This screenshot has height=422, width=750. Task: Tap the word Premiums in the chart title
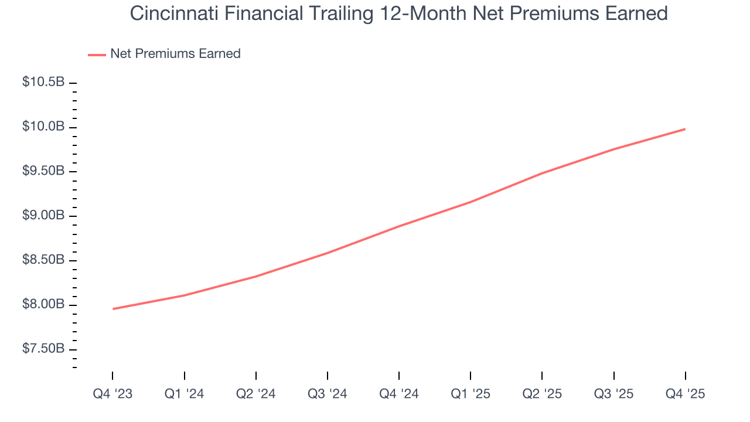[x=527, y=13]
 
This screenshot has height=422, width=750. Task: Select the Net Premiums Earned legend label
[x=175, y=54]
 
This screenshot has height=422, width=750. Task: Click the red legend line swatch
[x=97, y=55]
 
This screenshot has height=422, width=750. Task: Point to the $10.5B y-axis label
[x=43, y=82]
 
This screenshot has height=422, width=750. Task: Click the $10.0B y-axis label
[x=43, y=127]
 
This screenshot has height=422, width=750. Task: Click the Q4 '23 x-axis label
[x=112, y=394]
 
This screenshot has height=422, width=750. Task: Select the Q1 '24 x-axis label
[x=184, y=394]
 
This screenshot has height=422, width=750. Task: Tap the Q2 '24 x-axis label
[x=255, y=394]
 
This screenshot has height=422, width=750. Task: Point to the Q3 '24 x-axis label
[x=327, y=394]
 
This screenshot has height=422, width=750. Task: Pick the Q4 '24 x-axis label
[x=398, y=394]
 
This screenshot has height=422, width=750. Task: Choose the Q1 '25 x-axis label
[x=470, y=394]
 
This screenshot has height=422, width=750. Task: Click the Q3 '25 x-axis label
[x=613, y=394]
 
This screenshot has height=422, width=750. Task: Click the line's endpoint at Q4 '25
[x=685, y=129]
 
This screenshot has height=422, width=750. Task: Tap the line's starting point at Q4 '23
[x=112, y=309]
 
